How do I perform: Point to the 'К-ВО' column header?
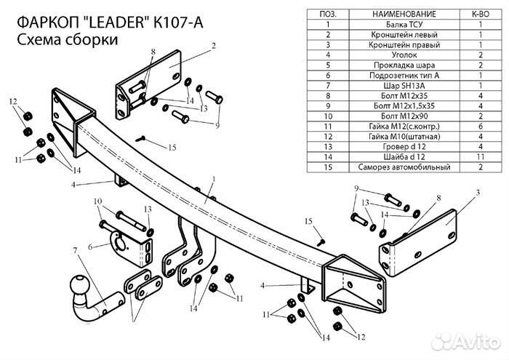click(481, 14)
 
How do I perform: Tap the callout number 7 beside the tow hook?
click(74, 252)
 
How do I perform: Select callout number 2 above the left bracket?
click(215, 45)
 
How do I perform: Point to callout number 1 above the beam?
click(214, 179)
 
